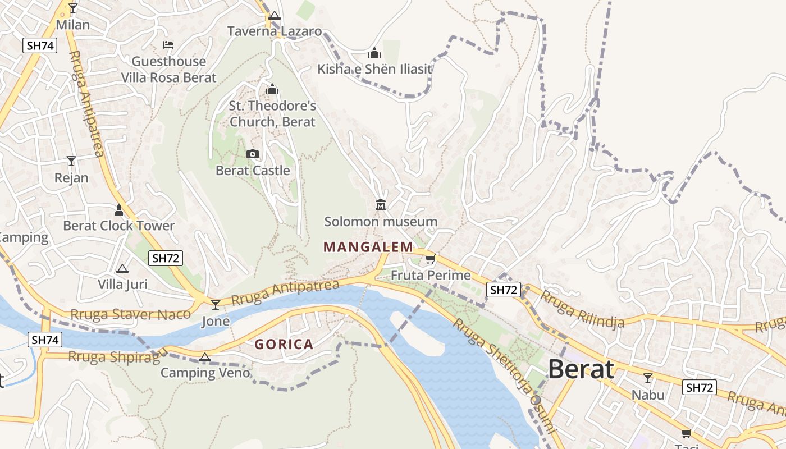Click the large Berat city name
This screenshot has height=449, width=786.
click(x=581, y=370)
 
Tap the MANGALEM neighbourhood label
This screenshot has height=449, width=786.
click(x=368, y=247)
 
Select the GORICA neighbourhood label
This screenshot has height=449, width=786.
click(x=284, y=345)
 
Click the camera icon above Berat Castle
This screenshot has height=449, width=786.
click(x=253, y=154)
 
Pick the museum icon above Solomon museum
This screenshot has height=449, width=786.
click(x=381, y=205)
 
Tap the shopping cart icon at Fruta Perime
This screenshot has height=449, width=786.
click(x=430, y=259)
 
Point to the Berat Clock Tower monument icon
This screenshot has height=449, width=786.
click(x=118, y=210)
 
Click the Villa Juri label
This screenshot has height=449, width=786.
click(x=122, y=284)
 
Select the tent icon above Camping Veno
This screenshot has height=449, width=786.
click(x=205, y=357)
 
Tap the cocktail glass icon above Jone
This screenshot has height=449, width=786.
click(x=216, y=304)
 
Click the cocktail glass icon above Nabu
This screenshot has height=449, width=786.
click(x=648, y=378)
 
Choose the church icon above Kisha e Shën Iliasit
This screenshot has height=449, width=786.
click(x=374, y=53)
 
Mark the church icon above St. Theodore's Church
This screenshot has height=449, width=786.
click(x=272, y=89)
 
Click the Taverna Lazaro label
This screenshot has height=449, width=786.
click(x=274, y=31)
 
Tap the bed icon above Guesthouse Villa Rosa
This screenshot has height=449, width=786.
click(x=168, y=45)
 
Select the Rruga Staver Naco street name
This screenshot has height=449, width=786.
click(x=130, y=314)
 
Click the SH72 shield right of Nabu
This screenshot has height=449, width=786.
click(x=699, y=387)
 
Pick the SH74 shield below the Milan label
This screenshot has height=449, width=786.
click(x=40, y=45)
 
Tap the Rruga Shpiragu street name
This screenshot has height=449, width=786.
click(x=118, y=355)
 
